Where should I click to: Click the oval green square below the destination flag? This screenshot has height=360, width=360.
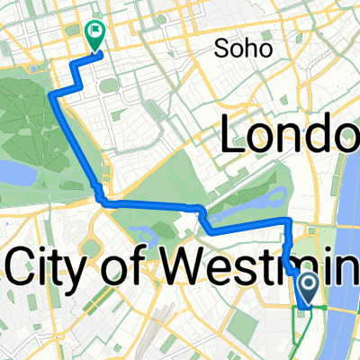pos(107,85)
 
